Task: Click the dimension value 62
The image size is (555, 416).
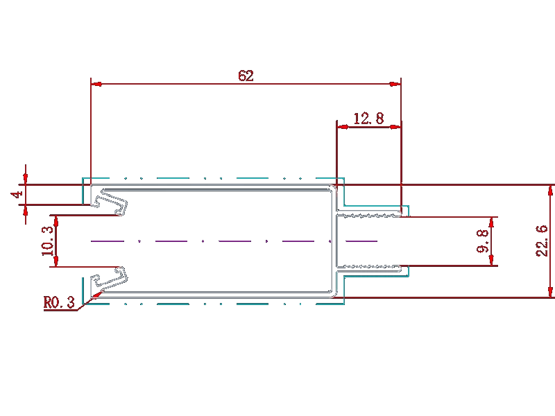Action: [x=246, y=76]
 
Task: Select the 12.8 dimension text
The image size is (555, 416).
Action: [x=368, y=118]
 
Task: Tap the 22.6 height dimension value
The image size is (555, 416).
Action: [x=543, y=241]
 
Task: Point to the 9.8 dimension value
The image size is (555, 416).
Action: [x=483, y=241]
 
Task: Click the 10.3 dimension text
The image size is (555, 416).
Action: [x=47, y=241]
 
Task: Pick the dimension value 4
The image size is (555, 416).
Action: [x=17, y=194]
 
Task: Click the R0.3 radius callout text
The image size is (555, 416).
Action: [x=59, y=302]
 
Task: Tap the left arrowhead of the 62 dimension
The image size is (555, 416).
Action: [x=96, y=84]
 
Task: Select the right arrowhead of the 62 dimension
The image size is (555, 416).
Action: [x=395, y=84]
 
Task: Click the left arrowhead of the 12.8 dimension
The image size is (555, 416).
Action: [x=342, y=127]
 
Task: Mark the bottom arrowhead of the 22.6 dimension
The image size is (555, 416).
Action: [x=550, y=292]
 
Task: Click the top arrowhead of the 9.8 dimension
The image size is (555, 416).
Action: [x=491, y=223]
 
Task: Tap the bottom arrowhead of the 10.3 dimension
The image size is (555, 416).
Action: [x=56, y=261]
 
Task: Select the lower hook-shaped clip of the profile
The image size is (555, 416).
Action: [x=109, y=279]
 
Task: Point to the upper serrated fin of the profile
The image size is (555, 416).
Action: [x=369, y=214]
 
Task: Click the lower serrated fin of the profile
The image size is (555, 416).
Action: [x=369, y=268]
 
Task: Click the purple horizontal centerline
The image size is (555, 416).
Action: [x=234, y=241]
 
